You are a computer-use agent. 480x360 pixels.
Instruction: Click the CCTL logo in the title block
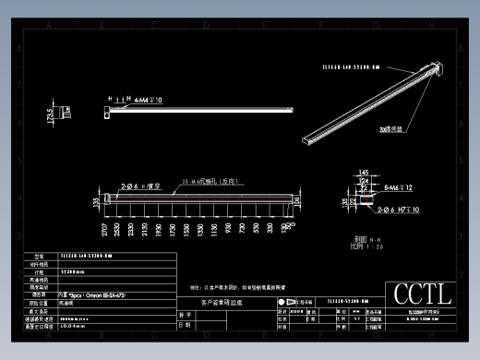(x=423, y=294)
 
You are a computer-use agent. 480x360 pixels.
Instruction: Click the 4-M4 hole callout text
(x=147, y=99)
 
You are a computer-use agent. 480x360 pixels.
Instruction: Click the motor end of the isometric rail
(x=432, y=67)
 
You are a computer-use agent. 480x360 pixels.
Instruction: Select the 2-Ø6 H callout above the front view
(x=142, y=186)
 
